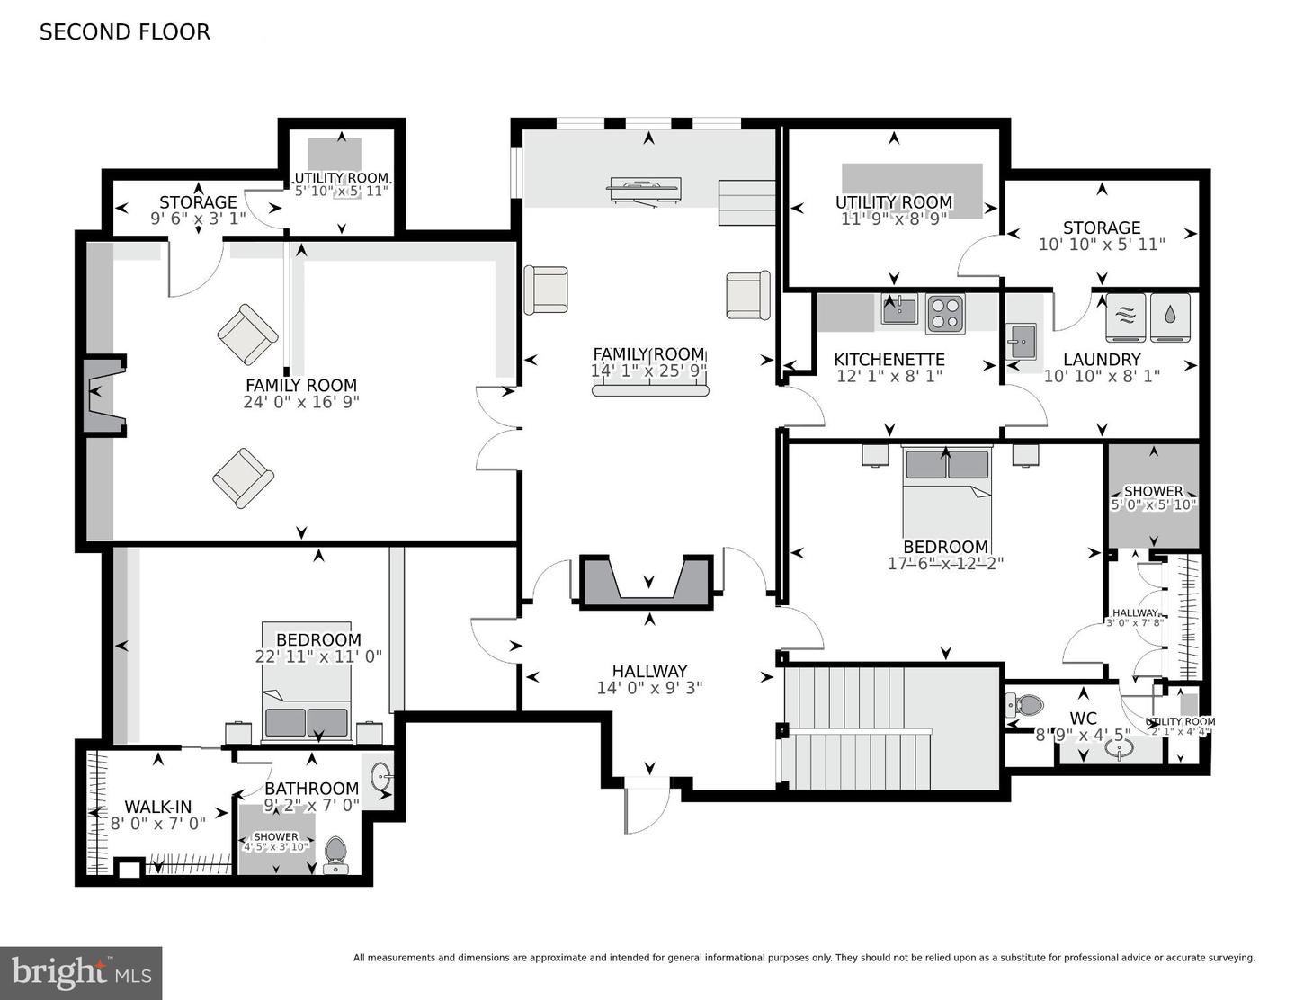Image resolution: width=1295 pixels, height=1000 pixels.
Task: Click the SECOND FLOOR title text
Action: tap(124, 32)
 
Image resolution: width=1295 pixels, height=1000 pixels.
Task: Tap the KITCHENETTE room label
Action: tap(889, 360)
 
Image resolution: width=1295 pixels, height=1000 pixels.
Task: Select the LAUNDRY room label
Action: tap(1102, 360)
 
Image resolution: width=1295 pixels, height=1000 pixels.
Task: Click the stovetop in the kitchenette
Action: tap(945, 313)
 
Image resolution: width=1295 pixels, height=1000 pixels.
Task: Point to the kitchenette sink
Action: tap(898, 311)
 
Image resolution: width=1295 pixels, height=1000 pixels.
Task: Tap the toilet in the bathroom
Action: tap(335, 852)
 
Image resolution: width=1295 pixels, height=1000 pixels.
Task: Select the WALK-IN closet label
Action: tap(157, 808)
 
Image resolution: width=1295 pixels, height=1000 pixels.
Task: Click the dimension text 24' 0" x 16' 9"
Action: tap(300, 402)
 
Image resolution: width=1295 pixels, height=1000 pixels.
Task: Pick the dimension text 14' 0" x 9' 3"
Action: tap(649, 688)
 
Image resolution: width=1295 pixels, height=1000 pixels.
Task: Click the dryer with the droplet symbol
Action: tap(1169, 317)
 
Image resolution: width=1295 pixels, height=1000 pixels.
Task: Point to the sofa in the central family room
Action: tap(649, 388)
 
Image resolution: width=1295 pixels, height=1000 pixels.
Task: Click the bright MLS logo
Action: tap(81, 972)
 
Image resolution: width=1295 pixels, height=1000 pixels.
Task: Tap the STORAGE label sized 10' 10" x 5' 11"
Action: tap(1102, 228)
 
